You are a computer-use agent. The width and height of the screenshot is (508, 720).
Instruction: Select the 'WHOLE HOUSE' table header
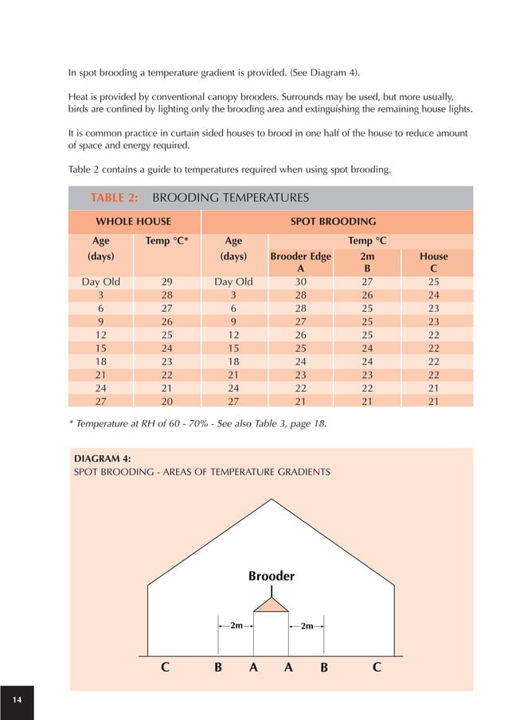pyautogui.click(x=133, y=221)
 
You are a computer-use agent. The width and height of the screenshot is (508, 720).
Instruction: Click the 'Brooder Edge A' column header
pyautogui.click(x=300, y=263)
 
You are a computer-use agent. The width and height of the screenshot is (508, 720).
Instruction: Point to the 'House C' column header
pyautogui.click(x=433, y=263)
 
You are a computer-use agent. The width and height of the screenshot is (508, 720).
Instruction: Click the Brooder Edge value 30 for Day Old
pyautogui.click(x=300, y=282)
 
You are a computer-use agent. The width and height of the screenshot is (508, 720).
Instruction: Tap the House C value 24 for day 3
pyautogui.click(x=433, y=295)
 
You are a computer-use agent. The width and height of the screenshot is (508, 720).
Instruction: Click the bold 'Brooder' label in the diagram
pyautogui.click(x=272, y=576)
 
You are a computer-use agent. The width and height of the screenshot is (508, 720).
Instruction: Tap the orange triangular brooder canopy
pyautogui.click(x=272, y=605)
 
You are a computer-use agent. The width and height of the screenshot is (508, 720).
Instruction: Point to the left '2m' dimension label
pyautogui.click(x=236, y=625)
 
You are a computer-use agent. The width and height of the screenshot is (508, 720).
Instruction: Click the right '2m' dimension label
pyautogui.click(x=307, y=625)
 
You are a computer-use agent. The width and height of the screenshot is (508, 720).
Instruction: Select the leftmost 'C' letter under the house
pyautogui.click(x=165, y=668)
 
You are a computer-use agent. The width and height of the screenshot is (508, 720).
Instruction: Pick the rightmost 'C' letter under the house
pyautogui.click(x=376, y=668)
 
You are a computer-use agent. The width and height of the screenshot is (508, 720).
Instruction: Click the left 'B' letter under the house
pyautogui.click(x=217, y=668)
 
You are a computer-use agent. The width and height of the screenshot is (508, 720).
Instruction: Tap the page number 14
pyautogui.click(x=17, y=699)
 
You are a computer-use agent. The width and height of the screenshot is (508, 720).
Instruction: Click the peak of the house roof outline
pyautogui.click(x=272, y=499)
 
